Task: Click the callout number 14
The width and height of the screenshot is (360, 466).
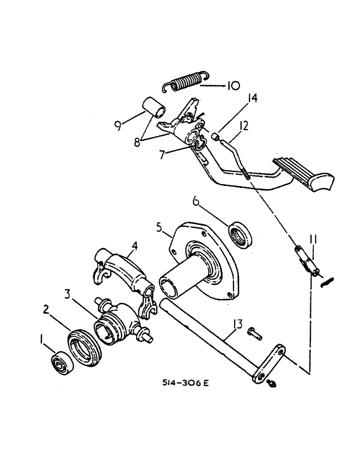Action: [240, 99]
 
